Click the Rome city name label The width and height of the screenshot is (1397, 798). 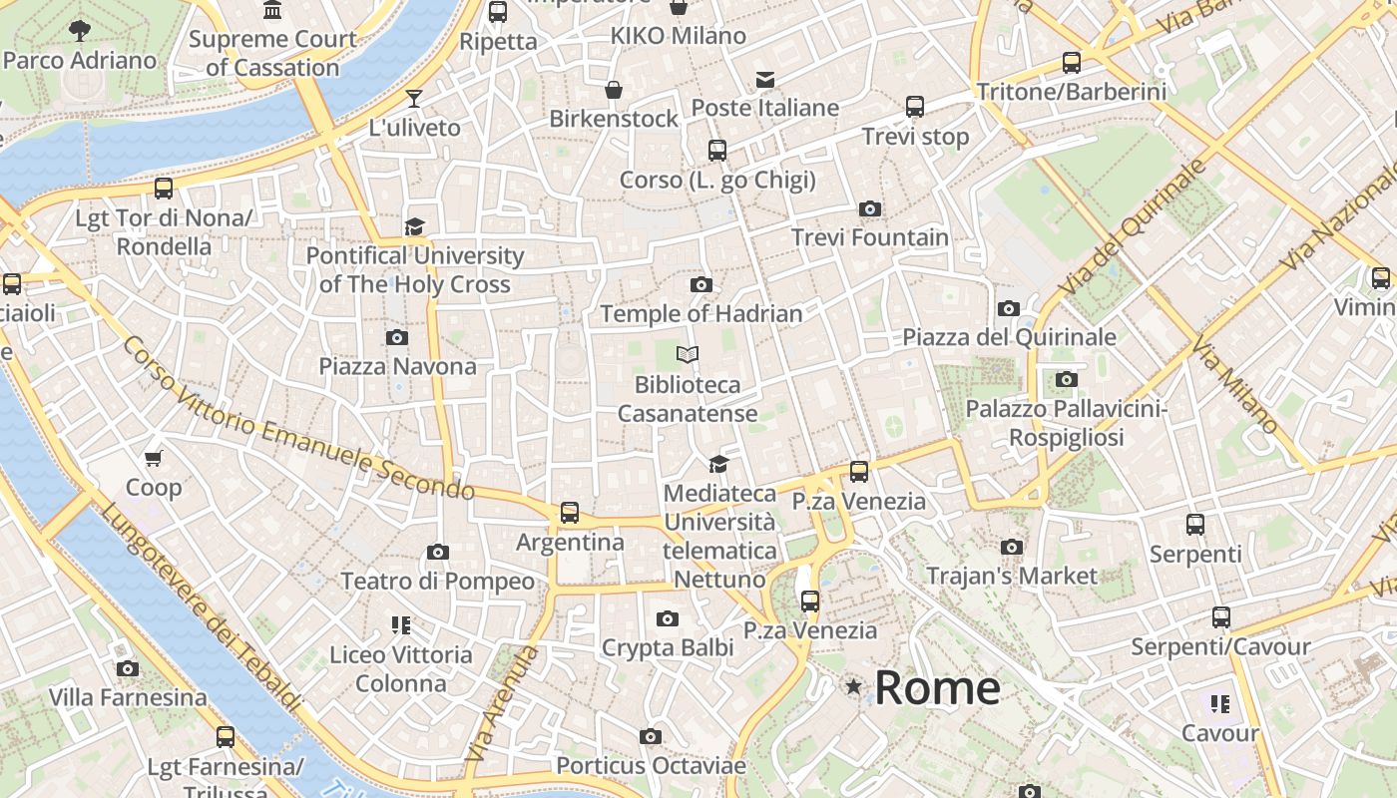937,688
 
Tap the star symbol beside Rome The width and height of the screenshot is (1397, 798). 853,686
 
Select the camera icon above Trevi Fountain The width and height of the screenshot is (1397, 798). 870,208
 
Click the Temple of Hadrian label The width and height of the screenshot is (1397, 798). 701,313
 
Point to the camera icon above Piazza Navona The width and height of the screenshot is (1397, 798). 397,337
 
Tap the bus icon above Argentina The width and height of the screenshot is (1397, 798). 569,513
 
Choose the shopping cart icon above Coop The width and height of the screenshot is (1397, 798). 154,458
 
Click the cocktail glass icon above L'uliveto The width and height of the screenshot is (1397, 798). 414,98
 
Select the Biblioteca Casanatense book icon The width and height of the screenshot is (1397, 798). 687,354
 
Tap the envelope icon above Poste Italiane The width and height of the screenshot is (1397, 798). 765,79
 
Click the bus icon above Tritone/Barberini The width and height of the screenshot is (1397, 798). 1072,63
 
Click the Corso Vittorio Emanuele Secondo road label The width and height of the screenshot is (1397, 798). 298,419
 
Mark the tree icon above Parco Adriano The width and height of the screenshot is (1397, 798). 80,31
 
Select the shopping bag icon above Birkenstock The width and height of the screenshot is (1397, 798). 614,90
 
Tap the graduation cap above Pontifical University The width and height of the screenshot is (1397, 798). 414,226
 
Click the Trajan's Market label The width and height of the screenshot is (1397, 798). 1012,576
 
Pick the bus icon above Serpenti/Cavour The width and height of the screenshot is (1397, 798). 1220,617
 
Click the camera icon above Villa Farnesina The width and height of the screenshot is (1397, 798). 128,668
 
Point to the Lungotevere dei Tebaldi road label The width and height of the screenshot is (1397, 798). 201,607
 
